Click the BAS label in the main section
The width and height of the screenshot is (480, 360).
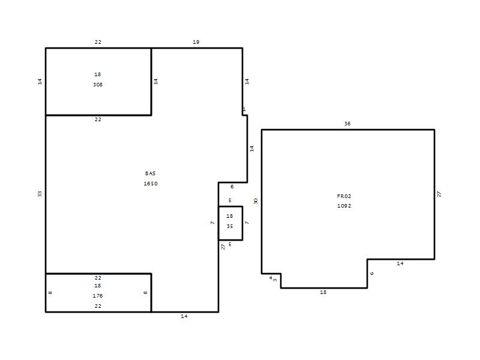(151, 173)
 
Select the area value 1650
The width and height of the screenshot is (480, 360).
(151, 184)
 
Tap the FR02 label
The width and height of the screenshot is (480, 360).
(344, 196)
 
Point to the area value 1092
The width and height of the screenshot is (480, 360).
(344, 206)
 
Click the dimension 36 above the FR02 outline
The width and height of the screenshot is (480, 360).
(347, 124)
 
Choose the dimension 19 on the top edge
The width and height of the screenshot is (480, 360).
(196, 42)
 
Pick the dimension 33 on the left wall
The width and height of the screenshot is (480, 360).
(40, 194)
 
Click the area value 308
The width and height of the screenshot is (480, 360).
(98, 85)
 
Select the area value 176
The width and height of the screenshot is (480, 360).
(98, 296)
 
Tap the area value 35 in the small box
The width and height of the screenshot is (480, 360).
(230, 226)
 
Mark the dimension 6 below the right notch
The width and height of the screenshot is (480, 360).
(232, 187)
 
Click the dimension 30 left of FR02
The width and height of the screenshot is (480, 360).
(256, 201)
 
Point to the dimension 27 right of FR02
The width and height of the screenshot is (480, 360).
(439, 194)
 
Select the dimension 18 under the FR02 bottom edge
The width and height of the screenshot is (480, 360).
(323, 292)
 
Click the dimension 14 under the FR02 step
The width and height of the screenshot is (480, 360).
(400, 263)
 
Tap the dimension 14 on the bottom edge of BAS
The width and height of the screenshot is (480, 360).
(184, 316)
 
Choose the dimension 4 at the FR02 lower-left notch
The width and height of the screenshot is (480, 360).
(271, 278)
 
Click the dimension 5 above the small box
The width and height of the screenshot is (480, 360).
(230, 200)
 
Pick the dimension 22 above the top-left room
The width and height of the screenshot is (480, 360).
(98, 42)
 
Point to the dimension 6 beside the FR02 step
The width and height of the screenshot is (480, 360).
(372, 274)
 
